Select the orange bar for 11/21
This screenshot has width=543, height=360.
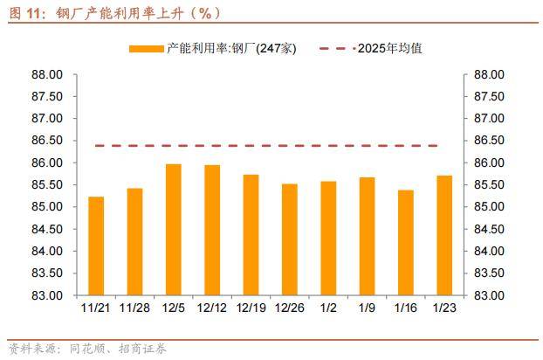[x=96, y=246]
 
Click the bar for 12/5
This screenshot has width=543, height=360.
[x=173, y=229]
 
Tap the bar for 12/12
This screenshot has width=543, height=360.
[x=212, y=230]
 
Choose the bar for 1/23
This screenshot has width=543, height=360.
[x=444, y=235]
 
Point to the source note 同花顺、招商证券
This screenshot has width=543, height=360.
[x=114, y=349]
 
